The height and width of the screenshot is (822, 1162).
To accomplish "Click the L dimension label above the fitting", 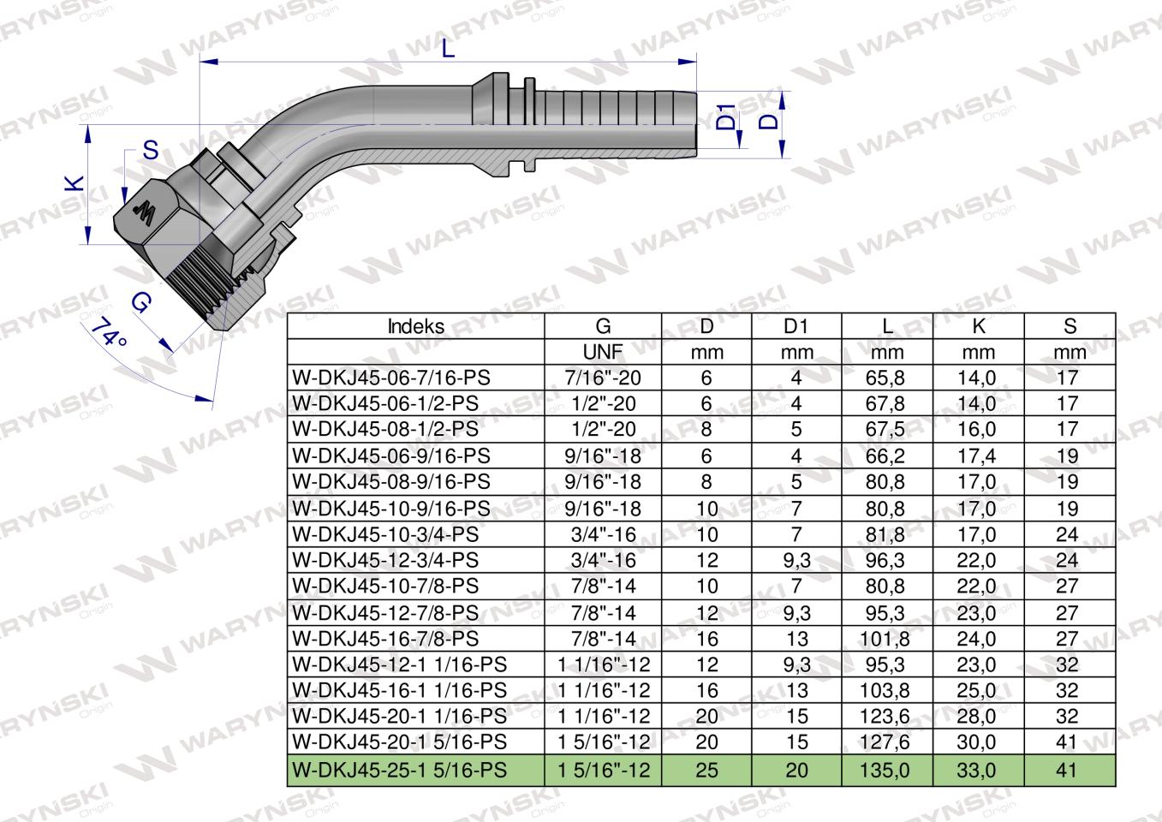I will [449, 49].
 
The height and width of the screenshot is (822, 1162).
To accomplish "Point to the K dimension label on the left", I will [76, 182].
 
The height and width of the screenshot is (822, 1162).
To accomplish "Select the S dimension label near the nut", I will [151, 151].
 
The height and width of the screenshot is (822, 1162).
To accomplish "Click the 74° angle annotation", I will [109, 331].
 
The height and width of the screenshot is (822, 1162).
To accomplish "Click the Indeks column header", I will [415, 326].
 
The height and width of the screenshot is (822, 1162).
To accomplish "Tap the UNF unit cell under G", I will [603, 352].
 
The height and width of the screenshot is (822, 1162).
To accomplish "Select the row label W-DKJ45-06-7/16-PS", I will [391, 378].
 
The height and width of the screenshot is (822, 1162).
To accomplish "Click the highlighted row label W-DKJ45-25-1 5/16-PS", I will [399, 770].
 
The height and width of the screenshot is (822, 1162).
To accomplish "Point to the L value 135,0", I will [886, 770].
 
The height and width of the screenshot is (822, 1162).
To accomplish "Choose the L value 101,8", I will [886, 639].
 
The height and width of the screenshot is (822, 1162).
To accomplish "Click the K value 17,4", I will [977, 456].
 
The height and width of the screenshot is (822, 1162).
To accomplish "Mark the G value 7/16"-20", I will [603, 378].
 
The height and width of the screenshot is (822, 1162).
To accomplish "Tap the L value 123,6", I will [886, 717].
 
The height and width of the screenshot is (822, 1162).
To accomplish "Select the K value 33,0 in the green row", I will [977, 770].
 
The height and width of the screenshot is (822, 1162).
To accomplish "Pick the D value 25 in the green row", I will [706, 770].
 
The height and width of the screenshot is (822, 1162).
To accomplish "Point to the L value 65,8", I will [886, 378].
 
